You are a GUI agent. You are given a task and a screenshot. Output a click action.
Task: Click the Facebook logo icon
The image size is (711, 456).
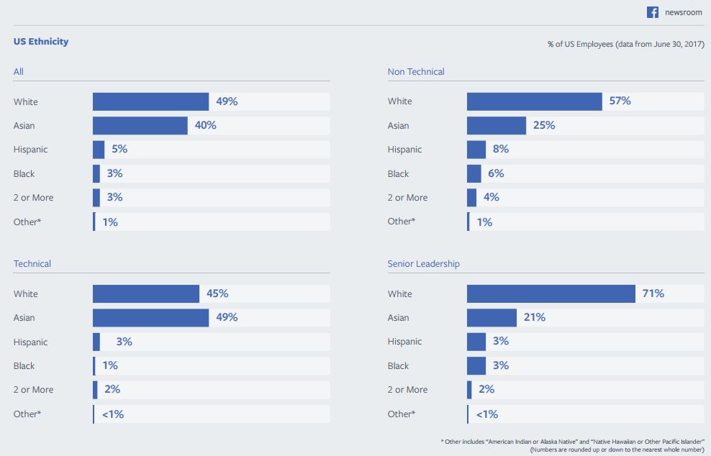[653, 12]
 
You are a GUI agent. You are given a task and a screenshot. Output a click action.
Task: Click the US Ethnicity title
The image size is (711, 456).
[41, 42]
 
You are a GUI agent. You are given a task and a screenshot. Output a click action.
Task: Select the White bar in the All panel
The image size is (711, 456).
[150, 101]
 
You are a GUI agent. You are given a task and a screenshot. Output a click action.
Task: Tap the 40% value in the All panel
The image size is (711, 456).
[205, 125]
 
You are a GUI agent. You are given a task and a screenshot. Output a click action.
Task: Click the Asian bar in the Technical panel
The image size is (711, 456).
[150, 317]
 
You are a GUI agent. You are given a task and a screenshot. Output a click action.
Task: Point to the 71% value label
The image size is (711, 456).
[653, 293]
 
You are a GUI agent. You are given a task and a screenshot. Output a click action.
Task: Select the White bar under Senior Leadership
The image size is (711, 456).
[551, 293]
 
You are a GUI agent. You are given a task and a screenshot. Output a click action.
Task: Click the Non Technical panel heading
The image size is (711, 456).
[416, 72]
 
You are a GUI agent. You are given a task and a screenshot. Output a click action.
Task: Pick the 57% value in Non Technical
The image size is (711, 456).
[620, 101]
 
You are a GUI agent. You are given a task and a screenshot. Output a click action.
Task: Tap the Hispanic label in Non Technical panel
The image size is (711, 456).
[404, 150]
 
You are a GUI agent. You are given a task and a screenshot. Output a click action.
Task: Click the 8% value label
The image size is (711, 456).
[501, 150]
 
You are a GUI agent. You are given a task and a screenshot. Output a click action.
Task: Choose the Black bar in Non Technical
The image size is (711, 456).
[474, 173]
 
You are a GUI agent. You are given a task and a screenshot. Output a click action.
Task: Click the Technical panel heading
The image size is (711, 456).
[32, 264]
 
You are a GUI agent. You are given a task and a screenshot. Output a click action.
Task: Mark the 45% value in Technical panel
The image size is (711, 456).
[217, 293]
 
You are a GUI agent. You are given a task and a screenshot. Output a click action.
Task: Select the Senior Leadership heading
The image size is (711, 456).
[423, 264]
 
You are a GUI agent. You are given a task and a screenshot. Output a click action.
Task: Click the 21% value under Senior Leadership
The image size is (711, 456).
[534, 317]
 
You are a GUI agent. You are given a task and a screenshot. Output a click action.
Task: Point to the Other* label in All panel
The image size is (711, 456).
[27, 222]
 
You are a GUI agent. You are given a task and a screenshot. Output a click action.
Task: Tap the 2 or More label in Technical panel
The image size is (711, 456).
[33, 390]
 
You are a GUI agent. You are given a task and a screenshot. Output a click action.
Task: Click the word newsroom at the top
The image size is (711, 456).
[684, 13]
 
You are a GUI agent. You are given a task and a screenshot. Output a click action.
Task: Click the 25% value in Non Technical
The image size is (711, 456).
[543, 125]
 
